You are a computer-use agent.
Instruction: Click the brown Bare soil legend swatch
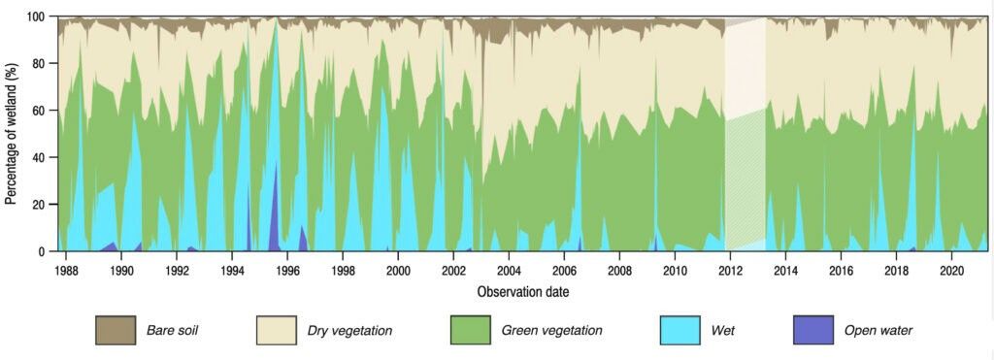pyautogui.click(x=115, y=330)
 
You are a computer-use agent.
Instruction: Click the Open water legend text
pyautogui.click(x=878, y=331)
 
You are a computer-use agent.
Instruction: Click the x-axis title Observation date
pyautogui.click(x=523, y=291)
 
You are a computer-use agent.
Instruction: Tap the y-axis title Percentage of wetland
pyautogui.click(x=11, y=133)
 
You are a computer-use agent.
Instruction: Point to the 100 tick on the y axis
pyautogui.click(x=36, y=16)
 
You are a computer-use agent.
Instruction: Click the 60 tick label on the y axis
pyautogui.click(x=39, y=111)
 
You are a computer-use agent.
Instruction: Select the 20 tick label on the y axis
pyautogui.click(x=39, y=205)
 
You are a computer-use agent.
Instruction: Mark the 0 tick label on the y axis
pyautogui.click(x=43, y=251)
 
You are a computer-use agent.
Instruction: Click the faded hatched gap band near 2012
pyautogui.click(x=745, y=136)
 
